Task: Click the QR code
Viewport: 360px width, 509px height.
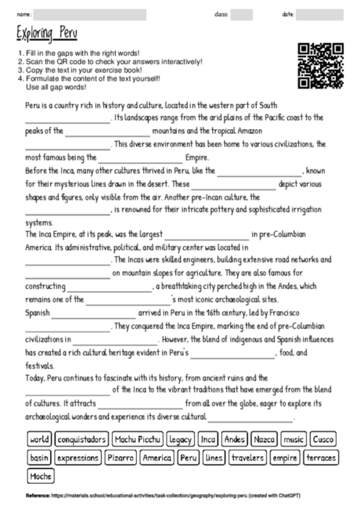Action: tap(321, 65)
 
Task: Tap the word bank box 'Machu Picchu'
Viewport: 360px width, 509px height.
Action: tap(138, 439)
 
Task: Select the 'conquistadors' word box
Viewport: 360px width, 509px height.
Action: tap(82, 439)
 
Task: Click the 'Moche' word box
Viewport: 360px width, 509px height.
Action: tap(41, 475)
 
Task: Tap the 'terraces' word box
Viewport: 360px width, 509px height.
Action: tap(321, 457)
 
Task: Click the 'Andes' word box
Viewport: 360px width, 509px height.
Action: tap(234, 439)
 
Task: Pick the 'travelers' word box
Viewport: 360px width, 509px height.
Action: tap(247, 457)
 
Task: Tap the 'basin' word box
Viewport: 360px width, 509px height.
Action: tap(39, 457)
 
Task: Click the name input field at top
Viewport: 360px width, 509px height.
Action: tap(90, 14)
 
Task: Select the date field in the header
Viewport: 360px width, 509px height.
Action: tap(321, 14)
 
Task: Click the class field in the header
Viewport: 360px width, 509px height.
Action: tap(241, 14)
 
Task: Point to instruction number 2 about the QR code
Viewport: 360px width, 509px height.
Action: tap(110, 62)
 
